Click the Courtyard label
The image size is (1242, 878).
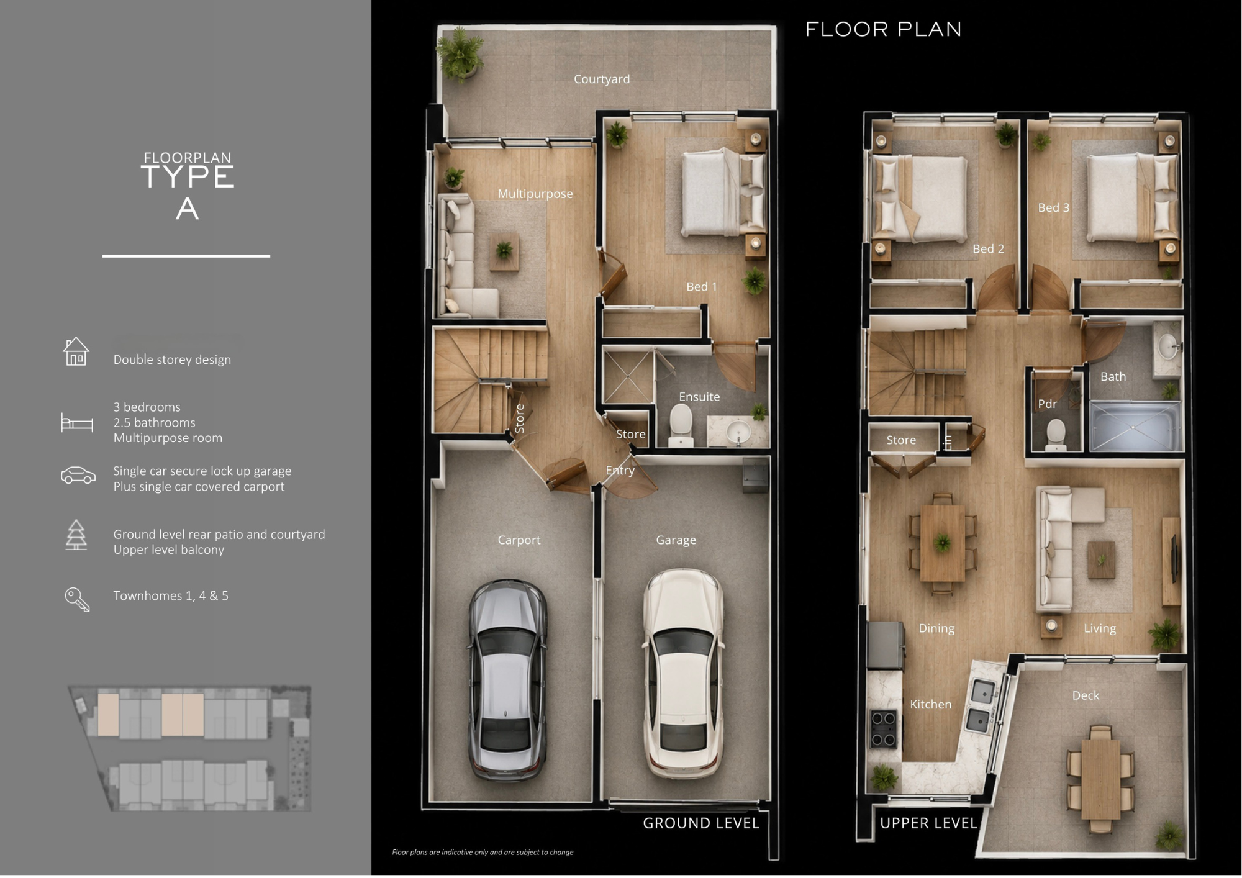click(601, 79)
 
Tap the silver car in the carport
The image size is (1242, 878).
click(507, 680)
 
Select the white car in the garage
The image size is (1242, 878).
click(683, 674)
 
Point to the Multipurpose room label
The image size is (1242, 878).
click(535, 194)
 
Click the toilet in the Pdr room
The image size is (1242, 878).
click(1056, 435)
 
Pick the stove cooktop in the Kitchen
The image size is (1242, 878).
click(882, 729)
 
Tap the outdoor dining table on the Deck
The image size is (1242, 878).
click(1100, 779)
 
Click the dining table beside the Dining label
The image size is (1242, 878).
click(943, 543)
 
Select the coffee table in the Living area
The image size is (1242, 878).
click(1101, 559)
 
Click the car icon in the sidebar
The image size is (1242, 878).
click(78, 475)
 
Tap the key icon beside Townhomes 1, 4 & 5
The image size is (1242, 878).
click(78, 599)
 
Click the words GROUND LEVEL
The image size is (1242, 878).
click(701, 823)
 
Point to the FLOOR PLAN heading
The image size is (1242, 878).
click(883, 29)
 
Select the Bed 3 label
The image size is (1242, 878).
click(1054, 207)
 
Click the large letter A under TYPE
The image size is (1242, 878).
click(187, 209)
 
